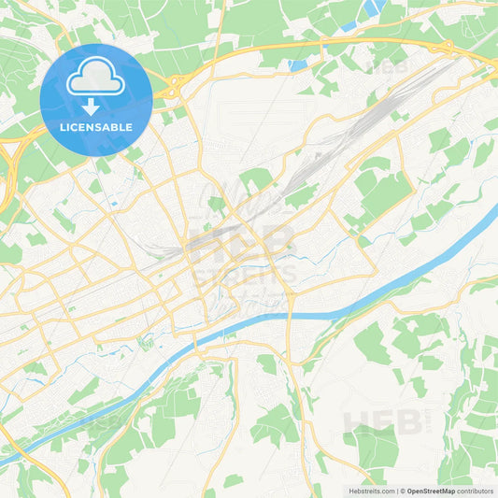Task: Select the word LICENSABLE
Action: coord(96,127)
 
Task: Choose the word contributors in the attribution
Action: coord(476,490)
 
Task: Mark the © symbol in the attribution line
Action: coord(402,490)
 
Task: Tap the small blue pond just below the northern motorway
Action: coord(298,65)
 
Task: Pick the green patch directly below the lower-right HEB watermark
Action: coord(374,448)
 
